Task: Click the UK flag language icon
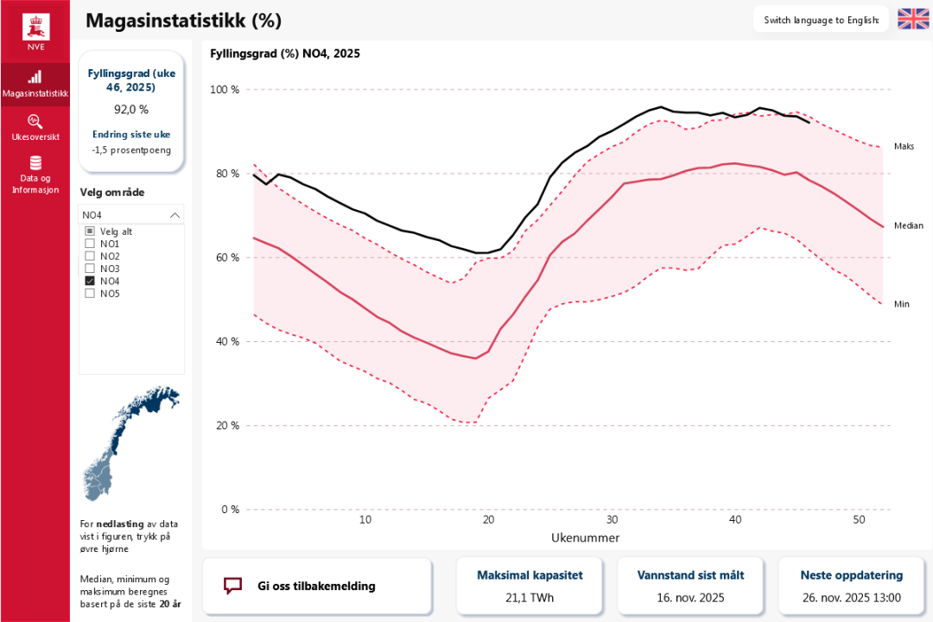[912, 19]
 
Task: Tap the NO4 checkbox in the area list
[90, 281]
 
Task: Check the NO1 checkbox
[90, 244]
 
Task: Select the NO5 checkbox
[90, 294]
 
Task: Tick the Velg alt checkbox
[90, 232]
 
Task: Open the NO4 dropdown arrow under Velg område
[175, 215]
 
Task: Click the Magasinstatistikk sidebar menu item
[35, 84]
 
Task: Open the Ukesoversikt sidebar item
[35, 127]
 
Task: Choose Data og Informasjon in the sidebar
[35, 174]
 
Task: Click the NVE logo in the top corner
[35, 31]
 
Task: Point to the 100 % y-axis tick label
[225, 90]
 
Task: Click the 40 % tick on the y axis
[228, 341]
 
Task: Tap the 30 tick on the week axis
[612, 520]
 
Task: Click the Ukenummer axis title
[585, 537]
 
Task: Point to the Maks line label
[904, 147]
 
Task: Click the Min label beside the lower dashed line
[902, 304]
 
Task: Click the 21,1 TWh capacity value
[530, 598]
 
